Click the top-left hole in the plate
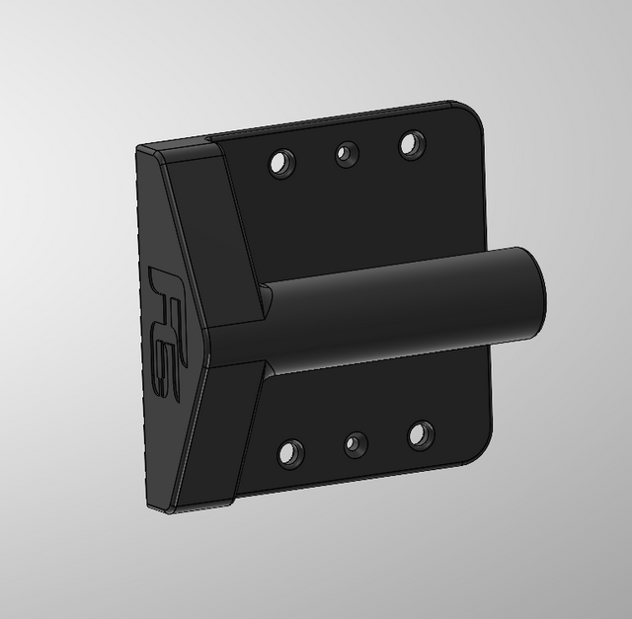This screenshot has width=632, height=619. [282, 163]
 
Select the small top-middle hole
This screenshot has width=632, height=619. [347, 154]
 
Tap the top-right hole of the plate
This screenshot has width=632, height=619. [412, 144]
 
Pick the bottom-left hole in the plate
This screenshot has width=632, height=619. [290, 454]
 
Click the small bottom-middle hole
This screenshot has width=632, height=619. [355, 444]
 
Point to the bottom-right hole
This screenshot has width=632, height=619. [421, 434]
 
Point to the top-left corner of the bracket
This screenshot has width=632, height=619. [139, 148]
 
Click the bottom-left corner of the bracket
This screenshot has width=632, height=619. [152, 507]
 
